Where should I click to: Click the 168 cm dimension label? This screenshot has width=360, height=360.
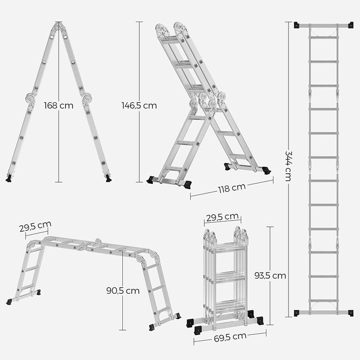pos(59,105)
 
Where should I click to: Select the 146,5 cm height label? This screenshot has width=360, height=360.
pos(139,105)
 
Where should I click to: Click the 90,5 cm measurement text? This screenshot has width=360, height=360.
pos(123,291)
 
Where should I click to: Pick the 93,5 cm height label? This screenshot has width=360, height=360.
pos(270,275)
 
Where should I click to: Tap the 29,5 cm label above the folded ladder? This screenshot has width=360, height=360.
pos(222,217)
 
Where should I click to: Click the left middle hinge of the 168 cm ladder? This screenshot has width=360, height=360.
pos(30,98)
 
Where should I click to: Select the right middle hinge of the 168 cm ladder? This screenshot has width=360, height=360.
pos(86,97)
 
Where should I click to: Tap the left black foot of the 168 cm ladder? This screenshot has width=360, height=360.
pos(9,178)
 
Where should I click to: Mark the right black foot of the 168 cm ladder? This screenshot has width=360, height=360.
pos(108,178)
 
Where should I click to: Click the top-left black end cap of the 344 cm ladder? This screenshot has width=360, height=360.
pos(297,25)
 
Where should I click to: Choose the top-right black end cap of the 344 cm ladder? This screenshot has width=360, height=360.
pos(351,25)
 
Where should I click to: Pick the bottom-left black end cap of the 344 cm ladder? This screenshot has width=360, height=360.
pos(297,313)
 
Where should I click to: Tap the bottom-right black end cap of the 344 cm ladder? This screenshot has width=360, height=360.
pos(351,313)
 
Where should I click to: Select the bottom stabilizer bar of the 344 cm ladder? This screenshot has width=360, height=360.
pos(323,312)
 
